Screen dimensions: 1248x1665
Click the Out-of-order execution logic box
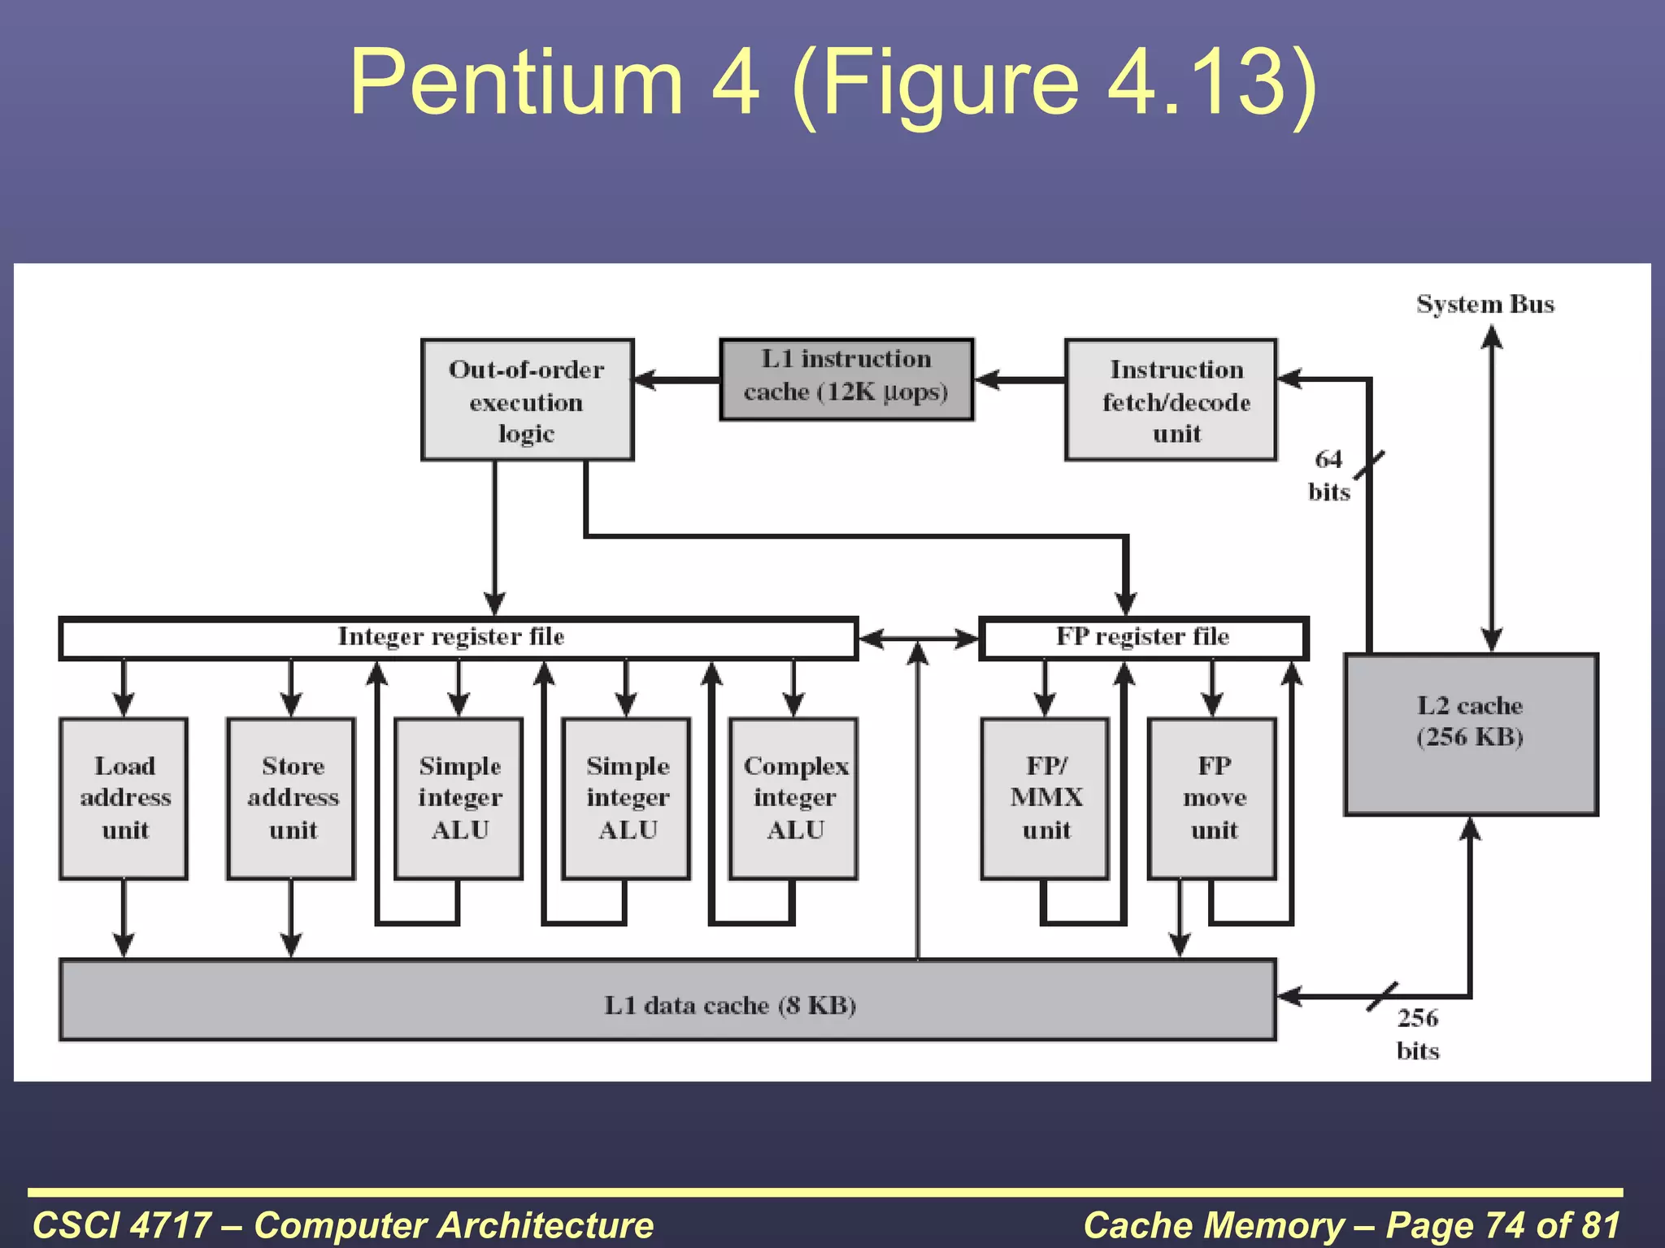[527, 400]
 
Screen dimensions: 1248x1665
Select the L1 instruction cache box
[846, 379]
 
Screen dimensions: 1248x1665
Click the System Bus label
[1485, 304]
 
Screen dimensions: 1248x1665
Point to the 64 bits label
[1328, 475]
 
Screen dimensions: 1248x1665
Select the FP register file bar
[1142, 638]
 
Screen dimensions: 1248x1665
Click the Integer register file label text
[451, 636]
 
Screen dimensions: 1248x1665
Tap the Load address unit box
[124, 798]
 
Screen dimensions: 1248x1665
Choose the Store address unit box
[292, 798]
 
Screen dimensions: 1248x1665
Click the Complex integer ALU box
[794, 798]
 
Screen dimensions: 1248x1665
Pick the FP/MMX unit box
[1046, 798]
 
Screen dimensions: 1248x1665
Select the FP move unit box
[1213, 798]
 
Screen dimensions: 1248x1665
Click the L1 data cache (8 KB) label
[729, 1005]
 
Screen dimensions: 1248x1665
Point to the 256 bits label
[1417, 1033]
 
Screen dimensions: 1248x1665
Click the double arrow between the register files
[919, 639]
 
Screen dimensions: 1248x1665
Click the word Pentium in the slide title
[516, 82]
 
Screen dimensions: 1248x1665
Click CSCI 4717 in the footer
[122, 1225]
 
